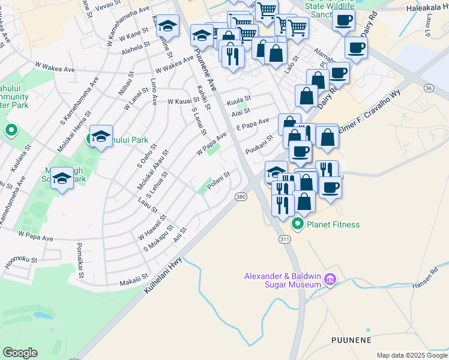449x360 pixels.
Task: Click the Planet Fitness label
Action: tap(333, 224)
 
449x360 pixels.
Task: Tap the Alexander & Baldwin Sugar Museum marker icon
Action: tap(329, 280)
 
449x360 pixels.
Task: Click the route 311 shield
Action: tap(285, 239)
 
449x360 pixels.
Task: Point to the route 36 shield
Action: tap(428, 88)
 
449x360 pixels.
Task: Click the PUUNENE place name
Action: tap(351, 340)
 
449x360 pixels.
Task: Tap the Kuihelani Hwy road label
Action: tap(162, 273)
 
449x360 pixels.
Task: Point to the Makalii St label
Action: tap(133, 280)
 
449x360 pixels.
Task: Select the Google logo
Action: tap(20, 353)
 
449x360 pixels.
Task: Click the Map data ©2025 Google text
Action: tap(412, 355)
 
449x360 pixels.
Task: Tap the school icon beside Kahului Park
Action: tap(101, 137)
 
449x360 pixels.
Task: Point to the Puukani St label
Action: tap(259, 141)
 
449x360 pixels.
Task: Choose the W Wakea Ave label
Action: tap(174, 64)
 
